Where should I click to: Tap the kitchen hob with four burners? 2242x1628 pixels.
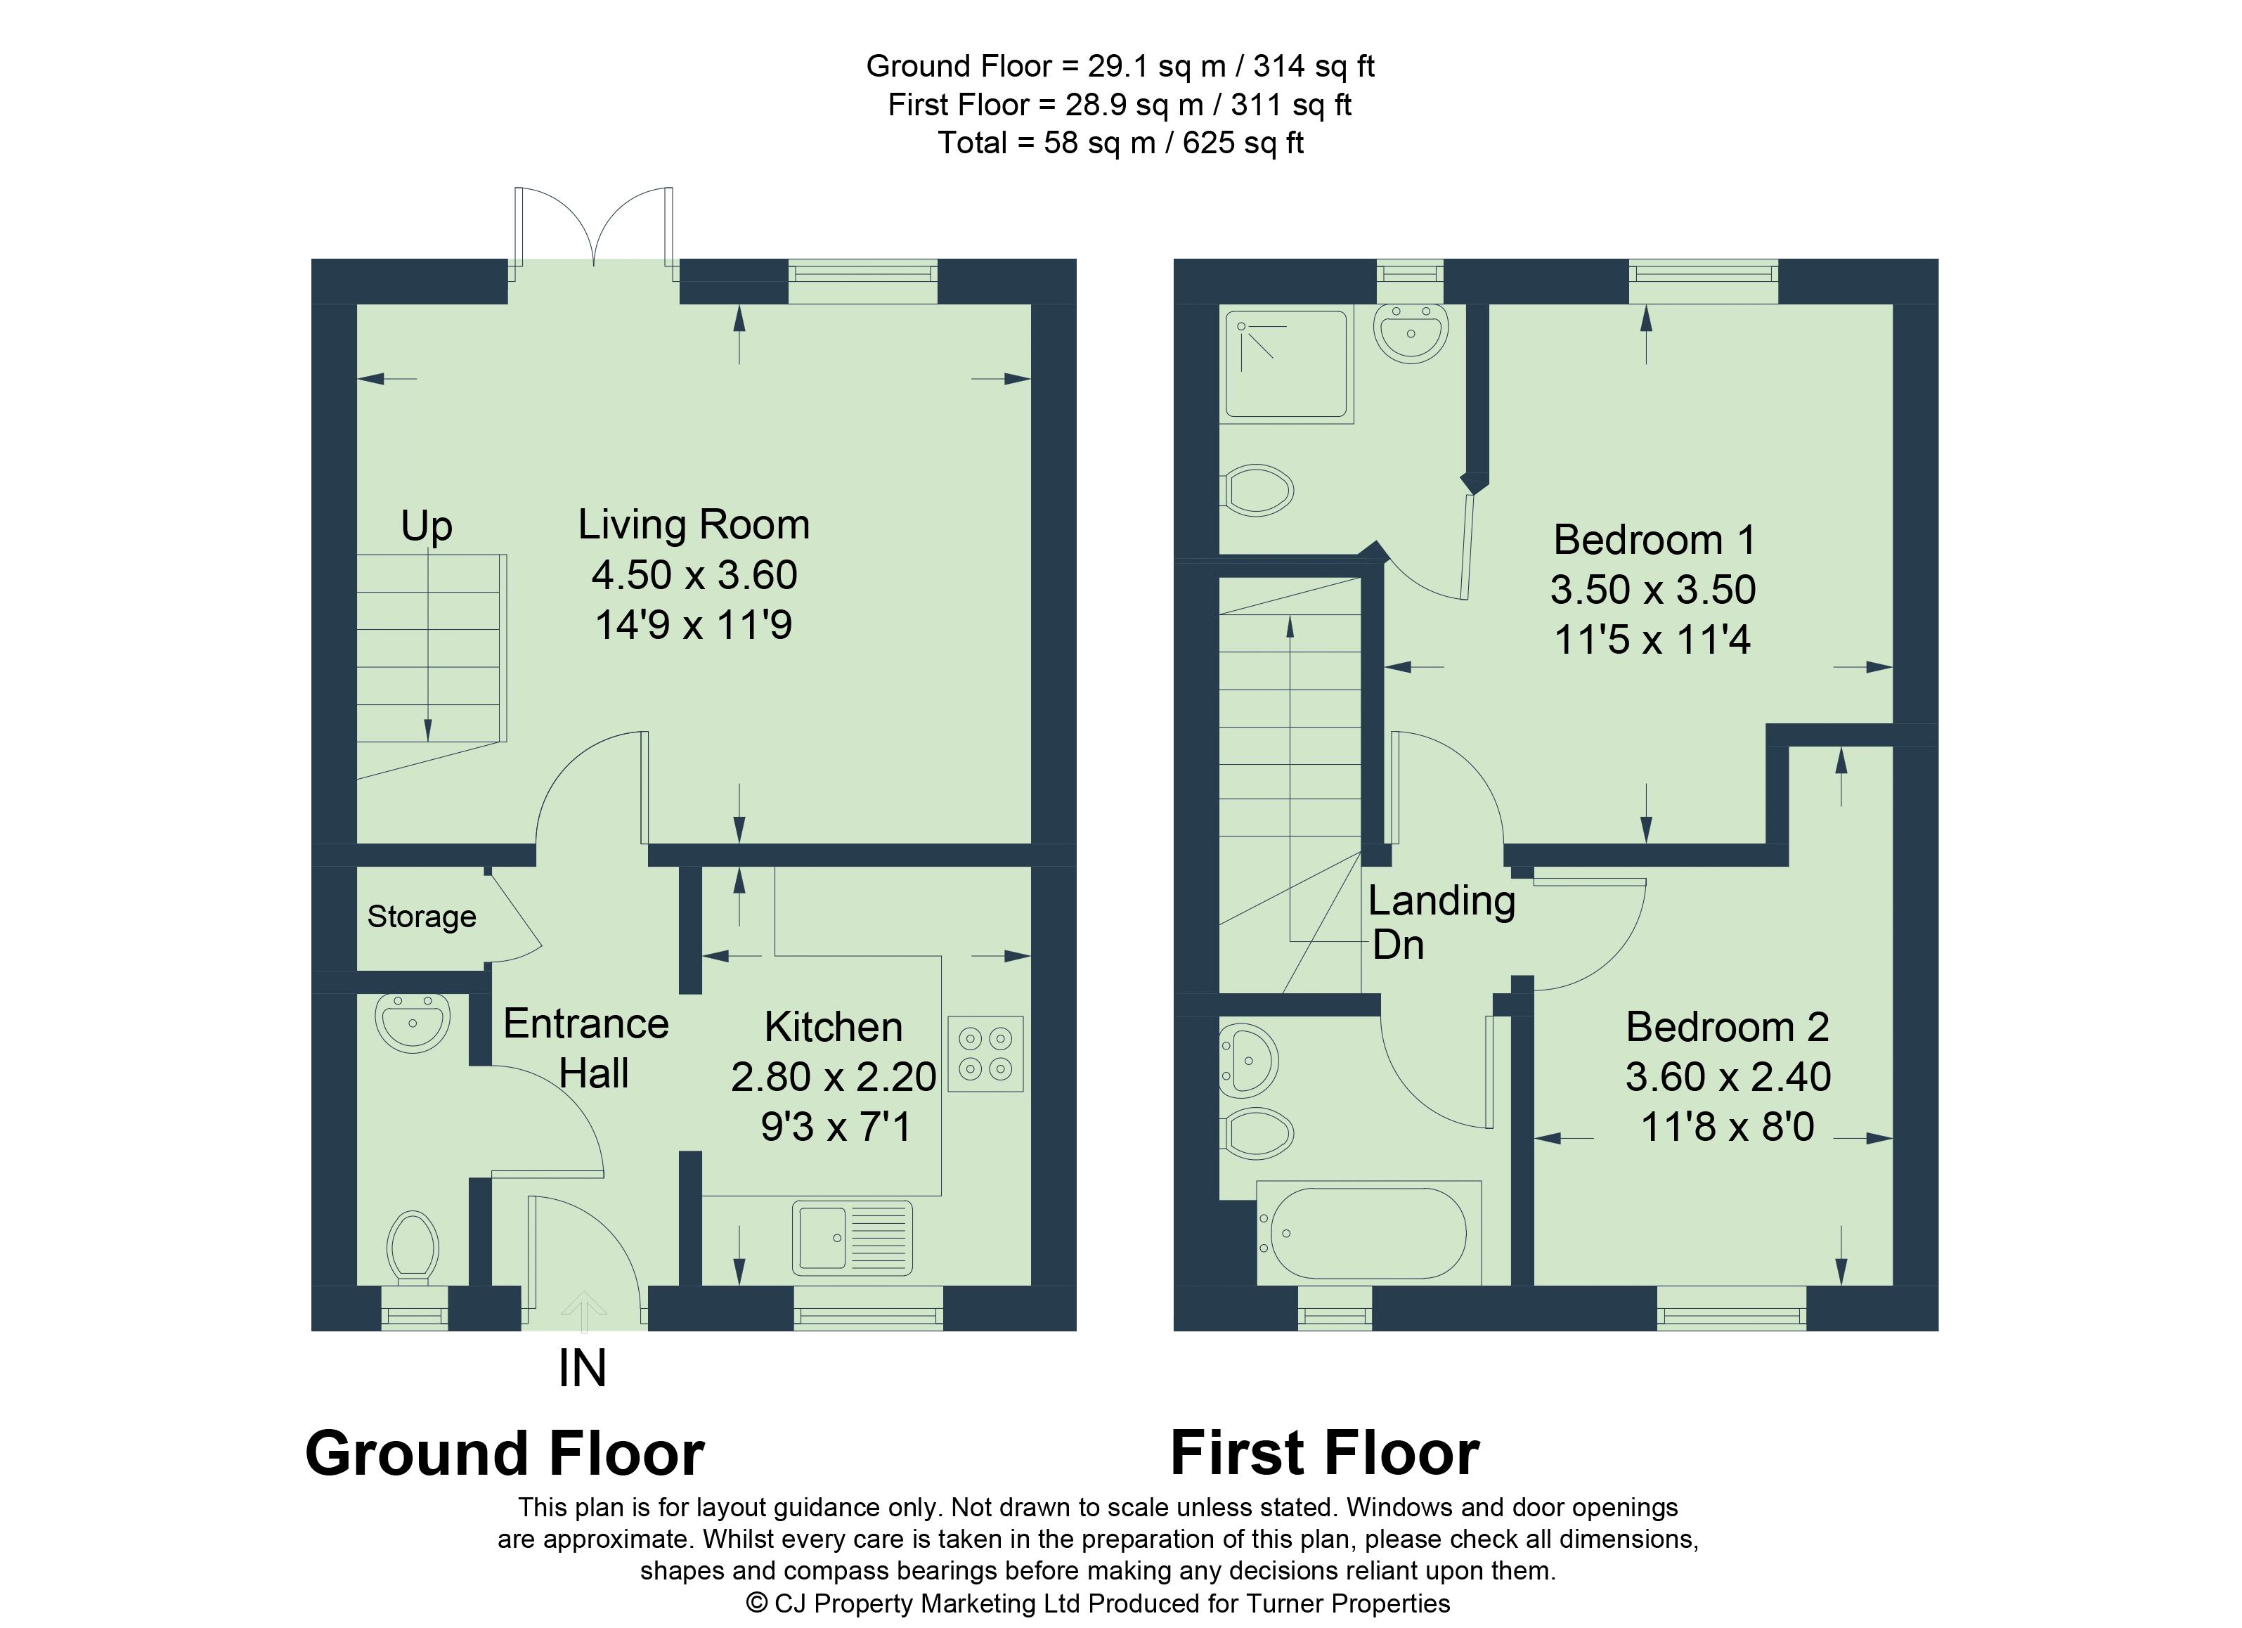985,1054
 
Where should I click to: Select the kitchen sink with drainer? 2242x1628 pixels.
852,1238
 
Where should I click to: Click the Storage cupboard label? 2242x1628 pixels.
422,917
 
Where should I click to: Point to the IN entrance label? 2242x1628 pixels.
582,1369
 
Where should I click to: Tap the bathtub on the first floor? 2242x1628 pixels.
1369,1233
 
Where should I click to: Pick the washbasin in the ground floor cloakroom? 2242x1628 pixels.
413,1022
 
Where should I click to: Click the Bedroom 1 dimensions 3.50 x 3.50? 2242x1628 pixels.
1653,590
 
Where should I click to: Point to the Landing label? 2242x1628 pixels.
1441,901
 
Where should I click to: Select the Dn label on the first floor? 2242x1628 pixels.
1399,946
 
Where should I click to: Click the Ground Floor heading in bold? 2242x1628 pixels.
505,1454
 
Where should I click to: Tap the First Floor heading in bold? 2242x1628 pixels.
1325,1454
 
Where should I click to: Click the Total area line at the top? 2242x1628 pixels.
1120,143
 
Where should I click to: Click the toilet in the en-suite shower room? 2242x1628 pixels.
1257,490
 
